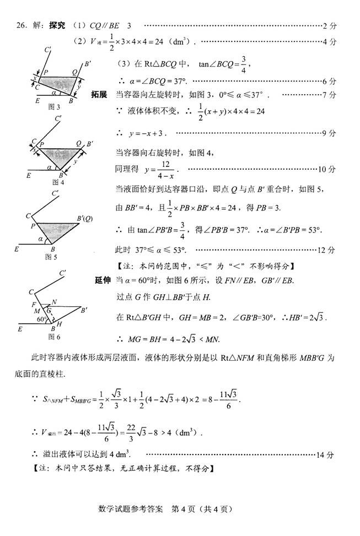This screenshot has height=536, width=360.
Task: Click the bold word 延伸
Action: click(x=103, y=280)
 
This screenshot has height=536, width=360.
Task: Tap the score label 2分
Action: click(x=329, y=26)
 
